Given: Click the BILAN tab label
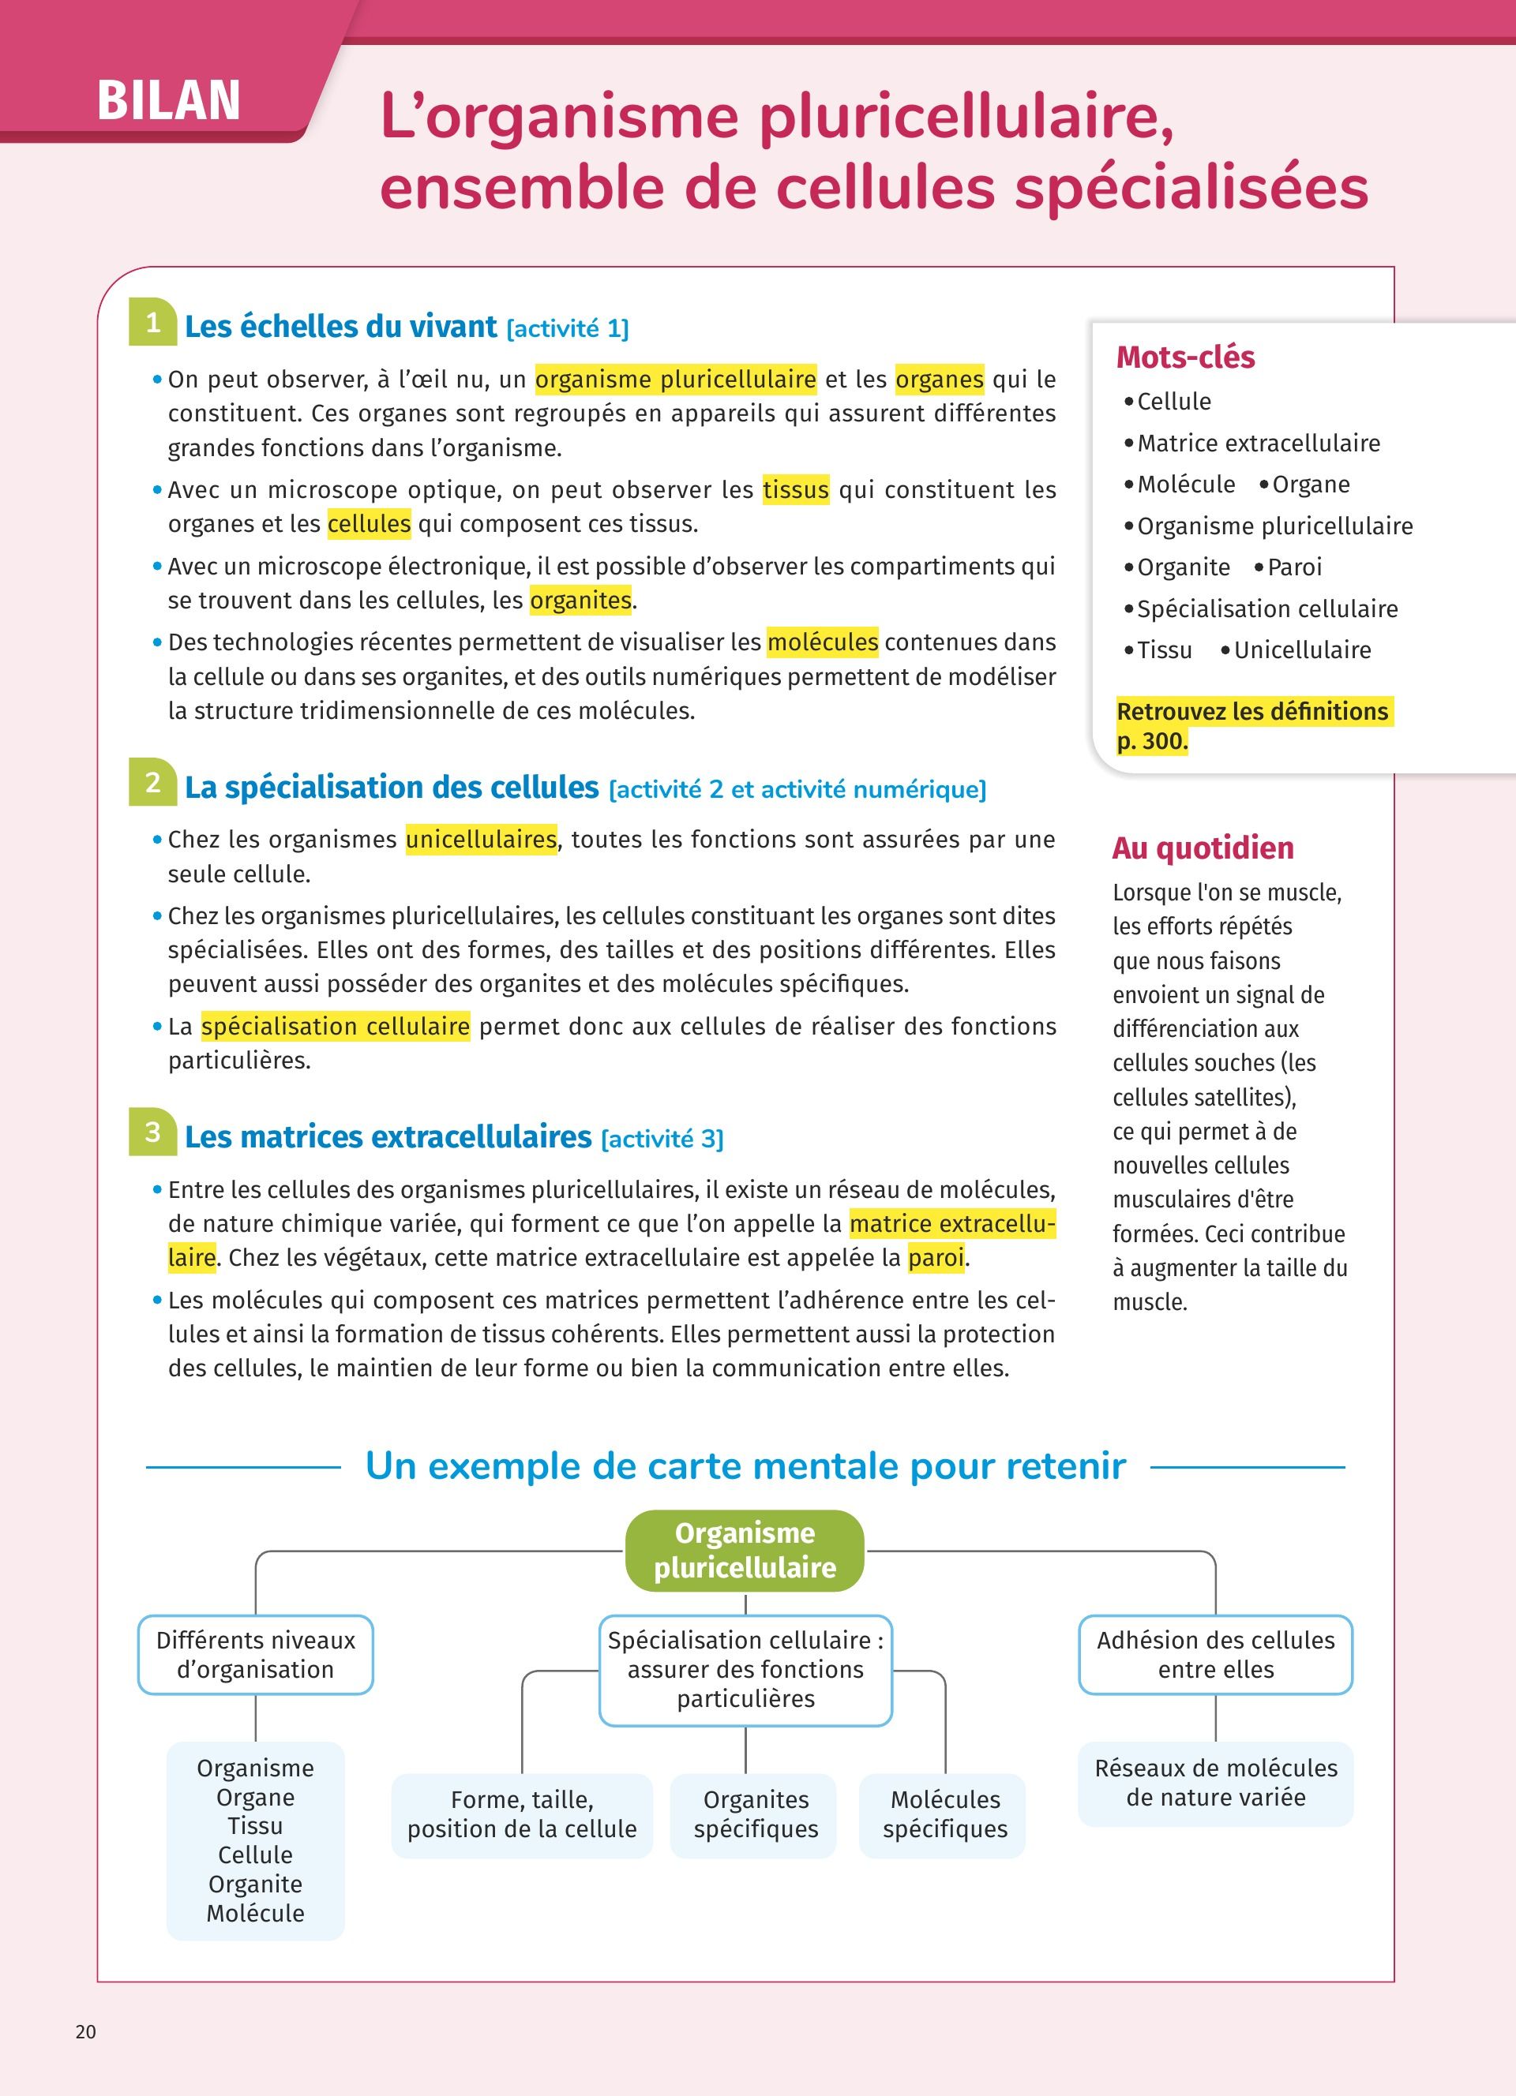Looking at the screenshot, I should (x=168, y=99).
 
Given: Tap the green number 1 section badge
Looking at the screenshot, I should (x=152, y=323).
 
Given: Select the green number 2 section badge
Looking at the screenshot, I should (x=152, y=783).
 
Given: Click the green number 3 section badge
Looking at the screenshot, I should (x=152, y=1132).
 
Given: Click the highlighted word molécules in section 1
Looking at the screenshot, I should (x=822, y=642).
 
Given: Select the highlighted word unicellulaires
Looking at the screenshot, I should (x=481, y=839).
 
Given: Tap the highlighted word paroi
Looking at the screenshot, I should (x=936, y=1257).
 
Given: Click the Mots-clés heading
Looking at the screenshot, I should (x=1185, y=357).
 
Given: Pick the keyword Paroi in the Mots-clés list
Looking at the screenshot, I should (x=1294, y=567).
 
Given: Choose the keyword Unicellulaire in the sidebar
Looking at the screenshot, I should (x=1301, y=649).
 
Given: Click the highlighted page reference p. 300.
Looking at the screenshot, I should (x=1152, y=741).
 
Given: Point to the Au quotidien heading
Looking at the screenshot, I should (x=1203, y=848).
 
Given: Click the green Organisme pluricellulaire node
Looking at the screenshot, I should (x=745, y=1550).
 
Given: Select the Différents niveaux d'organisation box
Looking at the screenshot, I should (x=255, y=1654).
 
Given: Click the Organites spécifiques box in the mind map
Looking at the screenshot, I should (x=755, y=1814).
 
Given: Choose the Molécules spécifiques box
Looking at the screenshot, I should (x=944, y=1814).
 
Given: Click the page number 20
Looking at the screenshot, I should (x=86, y=2031).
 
